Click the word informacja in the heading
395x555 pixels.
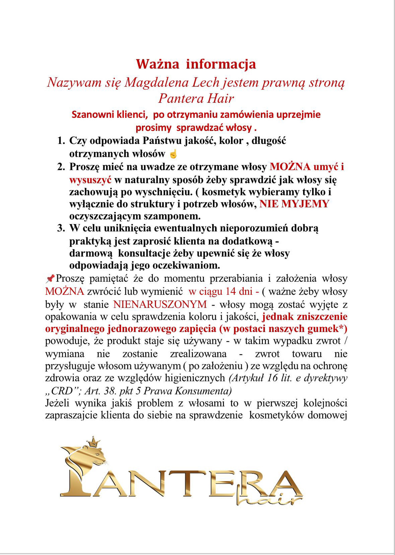coord(221,64)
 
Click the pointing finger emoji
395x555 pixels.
coord(173,154)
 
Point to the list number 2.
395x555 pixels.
coord(61,167)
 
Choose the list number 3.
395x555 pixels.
coord(61,228)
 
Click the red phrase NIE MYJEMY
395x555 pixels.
coord(294,204)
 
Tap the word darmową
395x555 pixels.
coord(91,253)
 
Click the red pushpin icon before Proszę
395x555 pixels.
coord(50,279)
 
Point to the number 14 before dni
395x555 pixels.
coord(231,291)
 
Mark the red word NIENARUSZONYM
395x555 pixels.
coord(160,305)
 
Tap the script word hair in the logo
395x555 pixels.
coord(273,499)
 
